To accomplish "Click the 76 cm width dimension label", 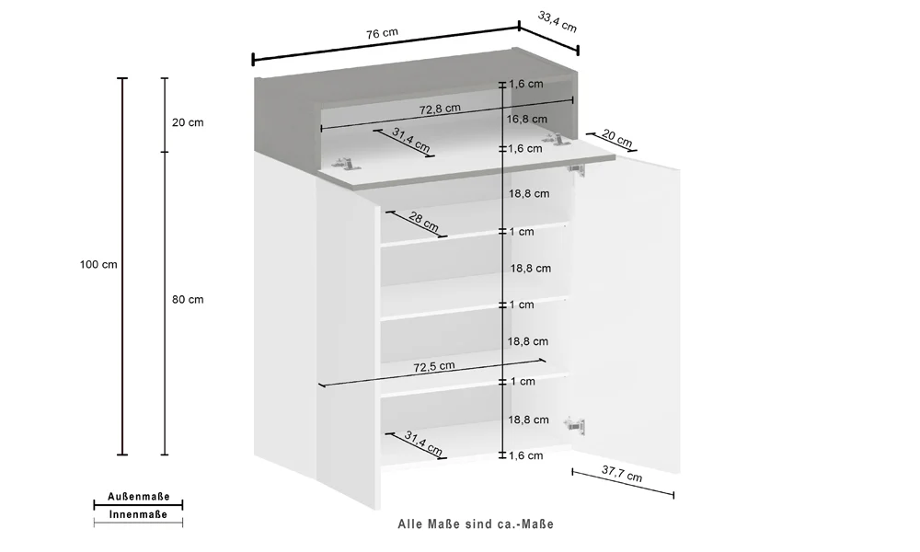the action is click(x=382, y=33).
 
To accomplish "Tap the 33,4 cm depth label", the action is click(x=558, y=22).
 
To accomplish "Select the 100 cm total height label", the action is click(x=98, y=265).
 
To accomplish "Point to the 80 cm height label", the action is click(x=188, y=300).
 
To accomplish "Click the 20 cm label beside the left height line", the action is click(x=188, y=122).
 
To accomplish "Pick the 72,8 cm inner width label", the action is click(x=440, y=109).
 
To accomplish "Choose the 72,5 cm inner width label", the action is click(x=434, y=367).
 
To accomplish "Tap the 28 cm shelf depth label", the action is click(x=423, y=221).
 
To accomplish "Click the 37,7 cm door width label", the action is click(x=622, y=474).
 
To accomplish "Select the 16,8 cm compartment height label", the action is click(x=527, y=119).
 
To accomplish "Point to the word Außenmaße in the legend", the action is click(x=139, y=497).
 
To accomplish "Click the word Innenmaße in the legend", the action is click(x=139, y=514).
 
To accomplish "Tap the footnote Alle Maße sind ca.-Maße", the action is click(x=476, y=523).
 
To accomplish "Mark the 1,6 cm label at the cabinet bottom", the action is click(x=526, y=455).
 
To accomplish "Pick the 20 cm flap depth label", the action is click(x=617, y=138).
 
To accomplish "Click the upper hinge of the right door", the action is click(x=576, y=169).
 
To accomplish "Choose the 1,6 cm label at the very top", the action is click(x=526, y=84).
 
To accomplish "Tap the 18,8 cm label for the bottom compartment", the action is click(x=529, y=420).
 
